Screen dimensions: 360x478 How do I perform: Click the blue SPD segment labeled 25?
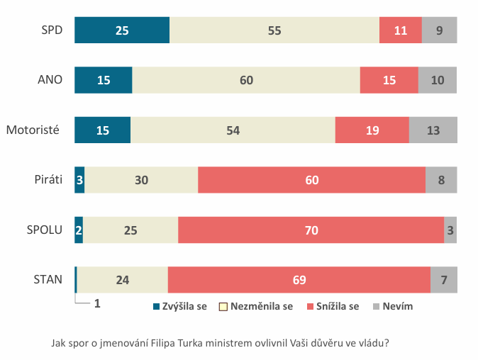tap(122, 30)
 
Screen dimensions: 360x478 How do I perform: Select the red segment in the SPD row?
tap(401, 30)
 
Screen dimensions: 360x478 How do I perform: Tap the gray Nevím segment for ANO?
tap(438, 80)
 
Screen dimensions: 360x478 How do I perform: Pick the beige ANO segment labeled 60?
tap(246, 80)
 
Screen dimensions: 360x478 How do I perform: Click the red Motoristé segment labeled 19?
tap(372, 130)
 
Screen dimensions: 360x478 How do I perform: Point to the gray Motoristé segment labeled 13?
tap(433, 130)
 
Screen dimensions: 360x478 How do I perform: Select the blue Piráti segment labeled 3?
tap(79, 180)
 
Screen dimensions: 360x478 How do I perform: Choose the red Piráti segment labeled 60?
tap(311, 180)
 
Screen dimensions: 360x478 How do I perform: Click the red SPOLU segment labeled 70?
tap(311, 230)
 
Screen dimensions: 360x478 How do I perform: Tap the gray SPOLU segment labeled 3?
tap(450, 230)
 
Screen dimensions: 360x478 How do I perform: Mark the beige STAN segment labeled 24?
tap(122, 280)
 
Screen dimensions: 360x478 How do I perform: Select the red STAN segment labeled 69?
tap(299, 280)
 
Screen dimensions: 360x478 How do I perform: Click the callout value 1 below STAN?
tap(96, 303)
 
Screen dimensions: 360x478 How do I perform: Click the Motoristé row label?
tap(31, 130)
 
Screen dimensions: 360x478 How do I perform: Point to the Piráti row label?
tap(48, 180)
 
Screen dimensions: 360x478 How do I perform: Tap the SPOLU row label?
tap(45, 230)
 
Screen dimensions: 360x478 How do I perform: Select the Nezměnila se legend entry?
tap(260, 306)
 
